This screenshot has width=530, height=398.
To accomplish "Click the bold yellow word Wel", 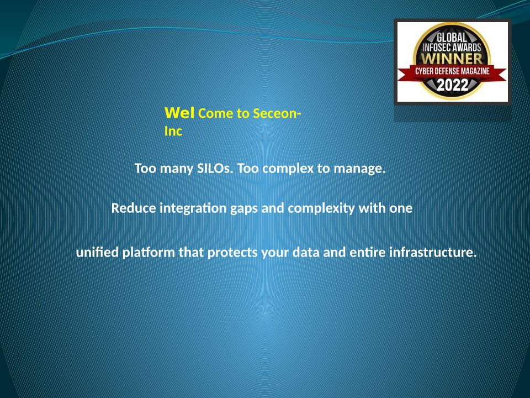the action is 179,113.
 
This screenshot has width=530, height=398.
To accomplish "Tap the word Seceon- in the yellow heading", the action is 277,113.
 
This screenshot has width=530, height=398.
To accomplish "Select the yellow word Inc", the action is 173,131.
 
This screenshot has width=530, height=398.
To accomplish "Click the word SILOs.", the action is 215,168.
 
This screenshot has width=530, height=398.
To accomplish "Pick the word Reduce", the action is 134,208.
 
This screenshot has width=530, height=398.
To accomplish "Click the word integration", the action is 193,208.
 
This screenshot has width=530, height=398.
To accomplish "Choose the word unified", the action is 97,252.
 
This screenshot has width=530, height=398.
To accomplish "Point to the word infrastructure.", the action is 433,252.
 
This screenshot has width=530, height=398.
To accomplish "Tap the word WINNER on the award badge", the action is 452,58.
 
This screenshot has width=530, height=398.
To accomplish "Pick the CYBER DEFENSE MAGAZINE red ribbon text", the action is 452,71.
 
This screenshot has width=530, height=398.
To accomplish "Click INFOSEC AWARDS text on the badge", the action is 452,47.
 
